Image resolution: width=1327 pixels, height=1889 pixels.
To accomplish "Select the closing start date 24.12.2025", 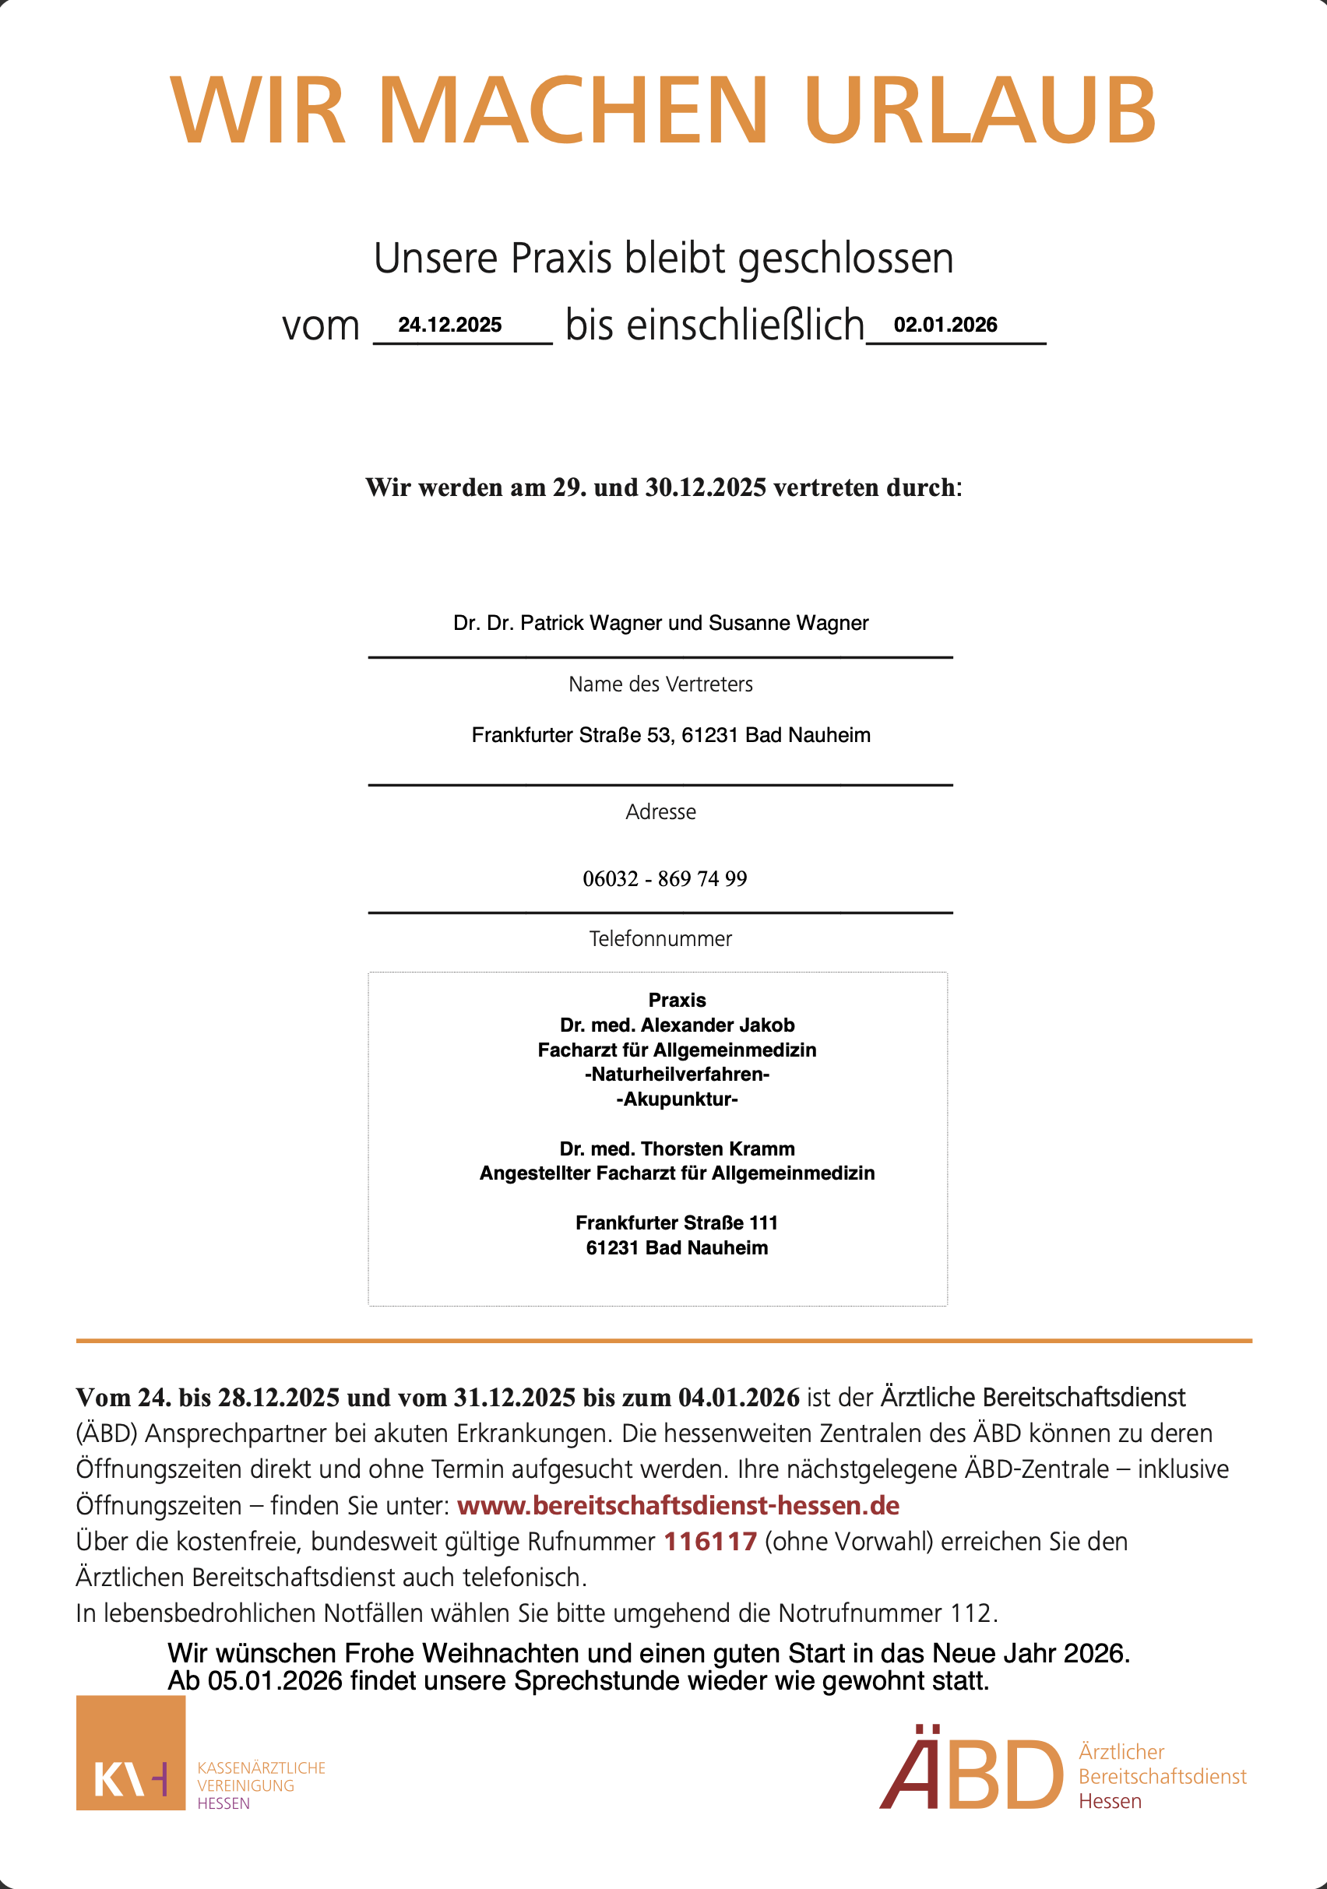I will click(x=449, y=325).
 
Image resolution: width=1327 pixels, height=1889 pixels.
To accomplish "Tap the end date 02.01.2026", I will click(x=945, y=325).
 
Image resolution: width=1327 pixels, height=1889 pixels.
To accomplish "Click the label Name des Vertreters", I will click(x=660, y=684).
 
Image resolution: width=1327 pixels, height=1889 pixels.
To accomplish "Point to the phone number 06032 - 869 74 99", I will click(x=665, y=878).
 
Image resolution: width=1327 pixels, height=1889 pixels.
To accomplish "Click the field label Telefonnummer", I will click(x=660, y=939).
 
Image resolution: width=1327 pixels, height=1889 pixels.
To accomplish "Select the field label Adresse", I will click(x=660, y=812).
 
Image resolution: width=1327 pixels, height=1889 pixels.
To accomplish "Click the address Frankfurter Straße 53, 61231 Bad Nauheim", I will click(x=671, y=735).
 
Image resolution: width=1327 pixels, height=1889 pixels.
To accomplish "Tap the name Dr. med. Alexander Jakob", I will click(x=677, y=1025).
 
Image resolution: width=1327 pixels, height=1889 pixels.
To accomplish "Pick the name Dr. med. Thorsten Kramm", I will click(x=677, y=1149).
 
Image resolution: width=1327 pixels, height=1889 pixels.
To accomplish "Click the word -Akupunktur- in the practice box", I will click(x=677, y=1099).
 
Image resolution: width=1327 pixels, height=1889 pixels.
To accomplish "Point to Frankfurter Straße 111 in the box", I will click(x=677, y=1222).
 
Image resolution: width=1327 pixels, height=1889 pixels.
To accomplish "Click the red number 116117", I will click(x=710, y=1542).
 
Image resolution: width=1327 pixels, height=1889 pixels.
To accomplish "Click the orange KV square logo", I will click(x=131, y=1753).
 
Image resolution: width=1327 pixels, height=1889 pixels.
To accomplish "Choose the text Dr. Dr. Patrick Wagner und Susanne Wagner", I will click(x=660, y=623).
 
